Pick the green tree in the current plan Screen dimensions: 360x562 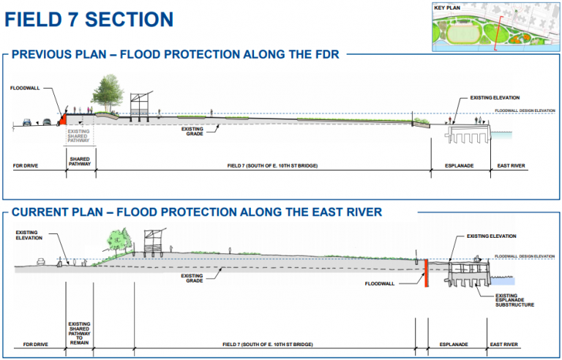coord(117,239)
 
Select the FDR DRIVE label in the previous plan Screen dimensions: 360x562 coord(26,166)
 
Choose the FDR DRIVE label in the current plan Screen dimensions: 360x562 coord(34,343)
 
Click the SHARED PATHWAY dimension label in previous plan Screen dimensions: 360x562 coord(80,162)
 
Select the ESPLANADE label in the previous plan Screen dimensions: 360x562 coord(460,166)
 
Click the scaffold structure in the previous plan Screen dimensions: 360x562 coord(139,106)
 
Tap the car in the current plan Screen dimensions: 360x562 coord(42,260)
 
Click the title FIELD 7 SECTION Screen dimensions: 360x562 coord(89,19)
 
